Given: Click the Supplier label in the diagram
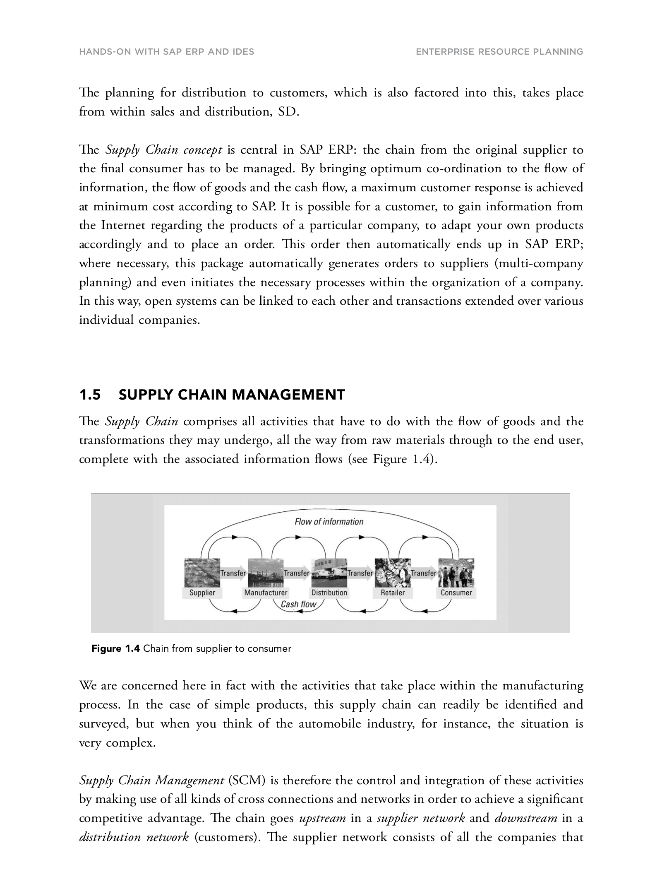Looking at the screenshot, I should tap(202, 593).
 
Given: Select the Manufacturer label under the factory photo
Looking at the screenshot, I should tap(266, 593).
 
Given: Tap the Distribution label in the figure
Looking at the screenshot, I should tap(329, 593).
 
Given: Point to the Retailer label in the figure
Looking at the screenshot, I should tap(393, 593).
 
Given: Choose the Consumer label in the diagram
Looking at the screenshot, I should tap(456, 593).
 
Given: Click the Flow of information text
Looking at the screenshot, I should tap(329, 522).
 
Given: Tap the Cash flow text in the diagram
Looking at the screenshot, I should tap(298, 604).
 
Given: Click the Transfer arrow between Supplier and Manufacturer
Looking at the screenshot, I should tap(233, 573).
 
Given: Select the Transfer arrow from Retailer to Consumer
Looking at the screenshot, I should tap(424, 573).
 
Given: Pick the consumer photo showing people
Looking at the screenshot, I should tap(457, 572).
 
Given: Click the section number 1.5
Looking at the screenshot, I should tap(90, 395).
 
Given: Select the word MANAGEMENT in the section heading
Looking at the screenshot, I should tap(288, 395).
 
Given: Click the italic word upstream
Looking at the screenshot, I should tap(322, 818).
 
